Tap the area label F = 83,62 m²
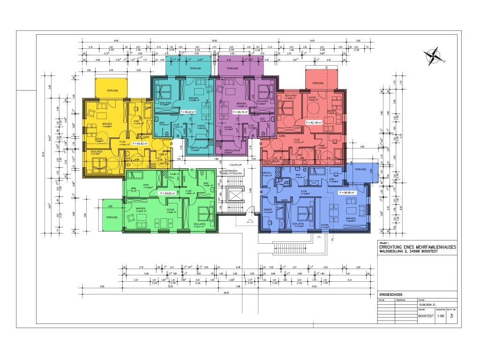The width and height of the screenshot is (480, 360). [140, 144]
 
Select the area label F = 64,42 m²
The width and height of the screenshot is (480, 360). [187, 112]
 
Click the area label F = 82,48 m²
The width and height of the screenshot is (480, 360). [314, 122]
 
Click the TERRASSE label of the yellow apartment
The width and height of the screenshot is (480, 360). [112, 90]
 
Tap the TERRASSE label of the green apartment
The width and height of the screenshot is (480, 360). [111, 217]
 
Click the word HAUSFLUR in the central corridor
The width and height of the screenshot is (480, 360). [235, 165]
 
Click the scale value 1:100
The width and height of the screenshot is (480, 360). [440, 316]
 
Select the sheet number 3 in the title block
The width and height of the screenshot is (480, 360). [451, 316]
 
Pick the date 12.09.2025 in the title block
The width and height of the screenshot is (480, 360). [430, 304]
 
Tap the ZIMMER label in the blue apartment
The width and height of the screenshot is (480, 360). [268, 210]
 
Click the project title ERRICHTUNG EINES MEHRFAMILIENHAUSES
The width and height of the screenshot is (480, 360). [415, 247]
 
